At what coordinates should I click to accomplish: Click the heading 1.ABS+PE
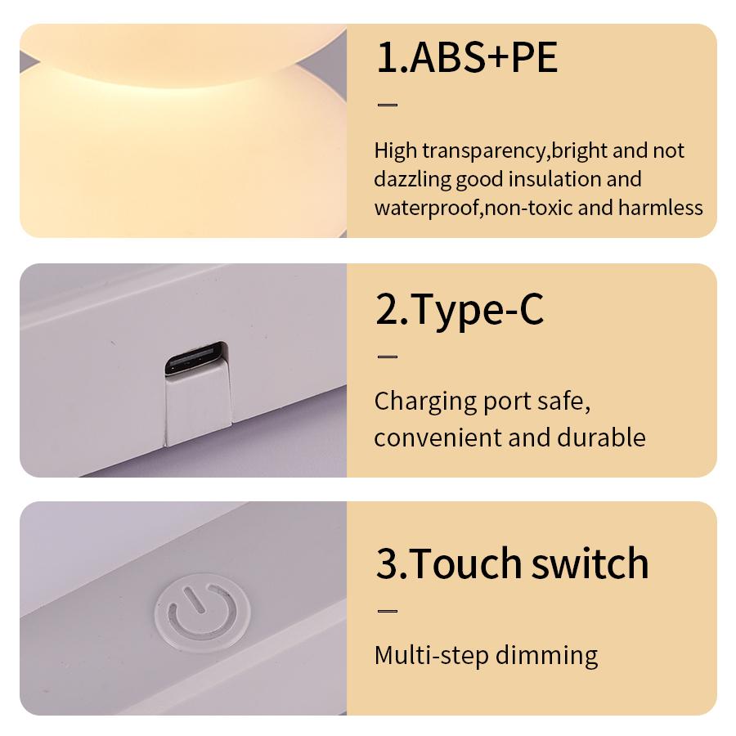466,59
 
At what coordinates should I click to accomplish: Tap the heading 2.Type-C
459,311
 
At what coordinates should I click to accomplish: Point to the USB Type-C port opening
195,360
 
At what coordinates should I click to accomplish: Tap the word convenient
438,437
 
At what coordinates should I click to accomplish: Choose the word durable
601,437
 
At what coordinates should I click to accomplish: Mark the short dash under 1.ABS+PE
387,105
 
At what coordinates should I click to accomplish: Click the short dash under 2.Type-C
387,357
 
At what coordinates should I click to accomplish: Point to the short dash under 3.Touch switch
387,611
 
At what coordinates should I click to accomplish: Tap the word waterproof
425,207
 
